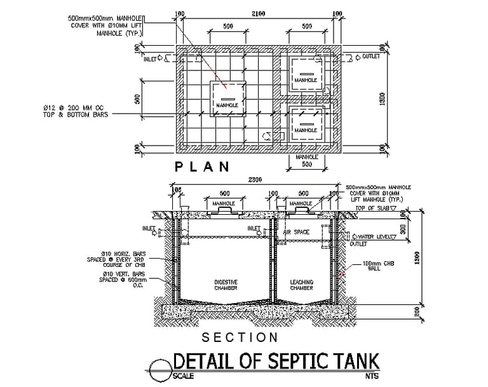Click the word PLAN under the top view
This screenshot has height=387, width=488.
pos(202,167)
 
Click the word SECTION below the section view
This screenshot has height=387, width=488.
pos(240,337)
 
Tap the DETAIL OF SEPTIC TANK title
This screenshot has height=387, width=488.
pos(276,362)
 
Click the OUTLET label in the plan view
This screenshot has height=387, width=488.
pos(370,57)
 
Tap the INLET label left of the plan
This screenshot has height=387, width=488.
pos(151,59)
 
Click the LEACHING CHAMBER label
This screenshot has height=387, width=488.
pos(301,284)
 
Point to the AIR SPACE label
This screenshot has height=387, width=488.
pos(296,232)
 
